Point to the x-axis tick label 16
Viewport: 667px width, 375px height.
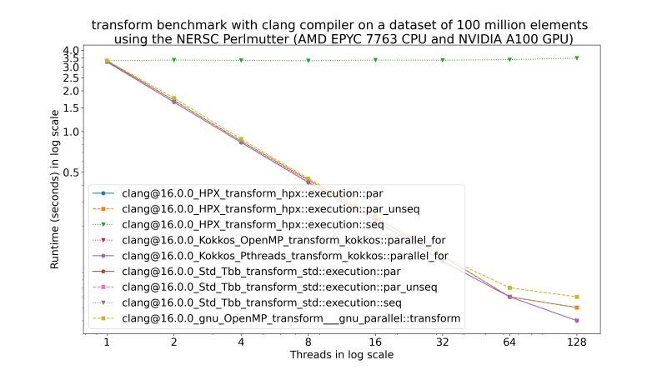point(375,342)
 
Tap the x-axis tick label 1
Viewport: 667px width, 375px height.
point(107,342)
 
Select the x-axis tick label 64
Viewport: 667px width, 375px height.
point(509,342)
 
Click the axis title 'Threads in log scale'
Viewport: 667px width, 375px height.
point(342,355)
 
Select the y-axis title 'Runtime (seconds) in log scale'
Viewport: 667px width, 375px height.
point(55,192)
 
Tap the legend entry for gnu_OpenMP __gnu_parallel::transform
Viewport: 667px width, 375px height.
point(291,318)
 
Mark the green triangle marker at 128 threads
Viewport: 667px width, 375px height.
point(576,58)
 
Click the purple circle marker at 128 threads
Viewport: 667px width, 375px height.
point(576,321)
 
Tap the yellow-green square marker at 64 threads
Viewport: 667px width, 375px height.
point(509,288)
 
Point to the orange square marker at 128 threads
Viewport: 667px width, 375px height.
point(576,307)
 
